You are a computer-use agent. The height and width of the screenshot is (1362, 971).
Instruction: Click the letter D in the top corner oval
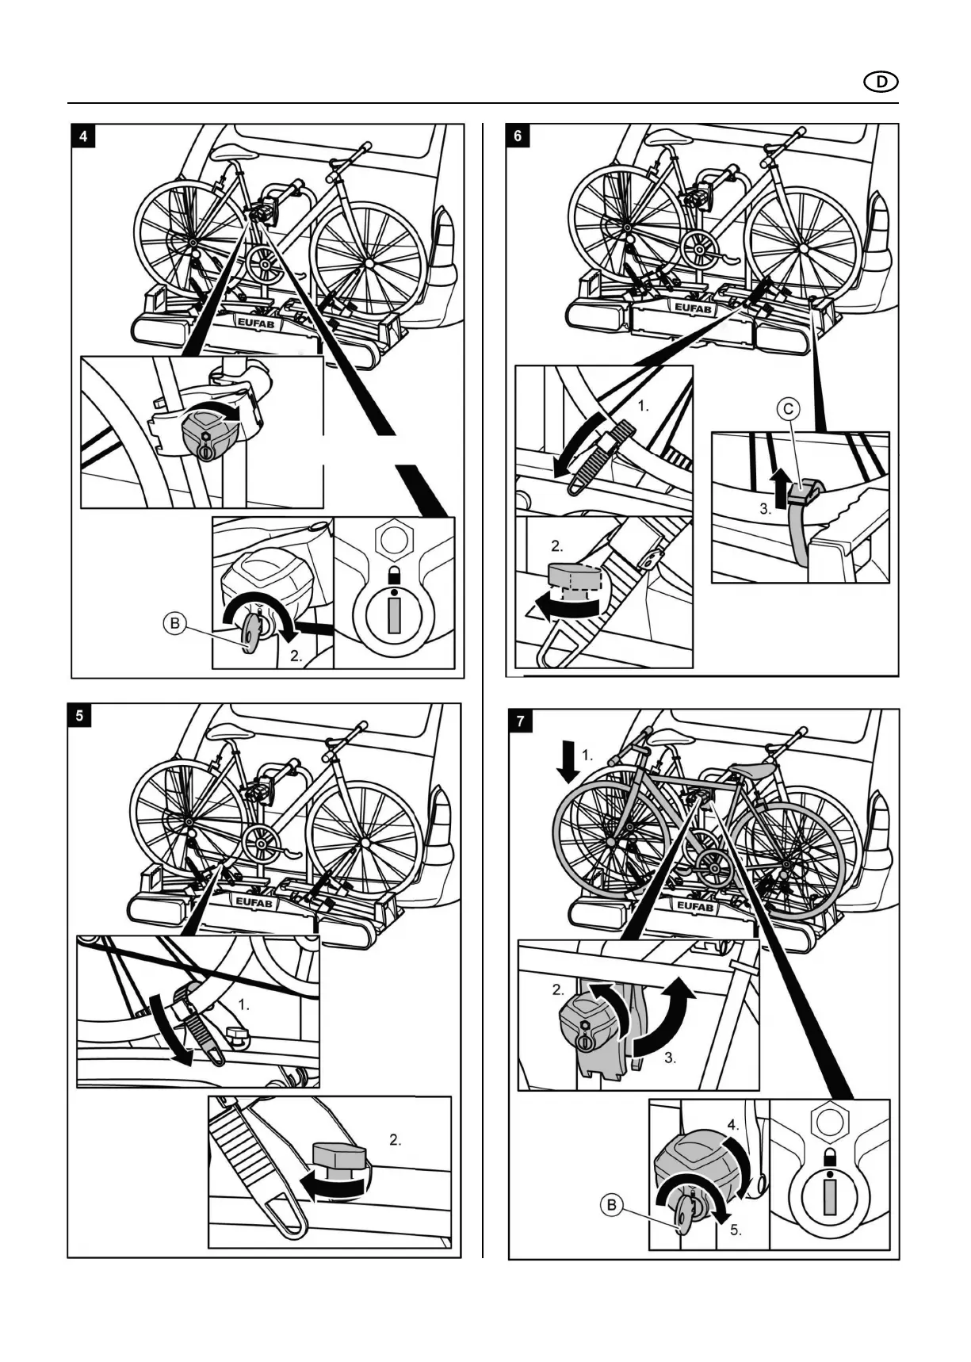[881, 82]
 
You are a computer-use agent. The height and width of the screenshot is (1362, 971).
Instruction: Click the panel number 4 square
[82, 136]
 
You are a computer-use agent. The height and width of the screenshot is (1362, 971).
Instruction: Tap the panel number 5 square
[79, 715]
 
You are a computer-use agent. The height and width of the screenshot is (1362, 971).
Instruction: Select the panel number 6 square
[518, 136]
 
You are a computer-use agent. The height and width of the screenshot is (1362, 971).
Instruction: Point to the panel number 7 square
[520, 721]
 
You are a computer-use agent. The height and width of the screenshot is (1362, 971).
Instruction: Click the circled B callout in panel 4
[174, 624]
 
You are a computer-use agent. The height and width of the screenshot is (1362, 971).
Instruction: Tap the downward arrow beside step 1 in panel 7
[568, 761]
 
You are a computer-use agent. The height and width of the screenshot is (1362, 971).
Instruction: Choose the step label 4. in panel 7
[735, 1123]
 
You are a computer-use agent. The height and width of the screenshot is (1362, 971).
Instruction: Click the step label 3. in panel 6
[765, 510]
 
